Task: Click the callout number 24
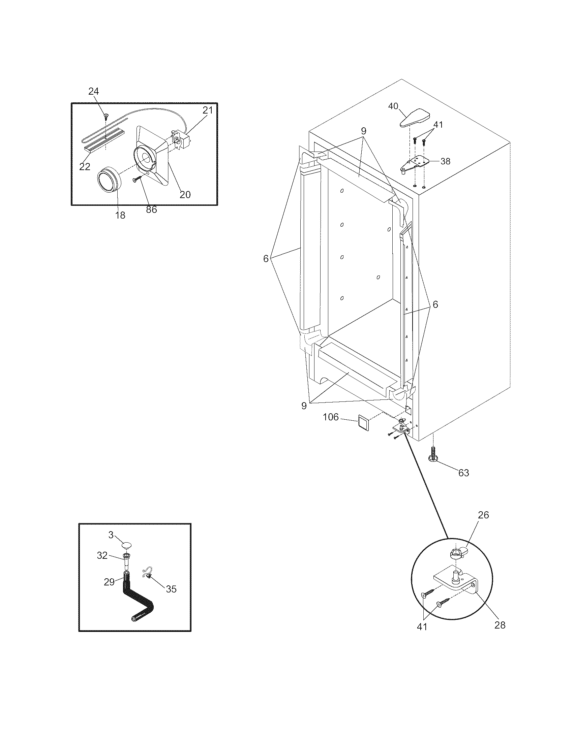click(x=94, y=91)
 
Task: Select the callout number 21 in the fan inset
click(x=207, y=110)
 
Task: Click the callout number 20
click(x=185, y=194)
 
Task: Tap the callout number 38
click(x=445, y=161)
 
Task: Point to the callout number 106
click(x=331, y=417)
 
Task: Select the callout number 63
click(x=463, y=473)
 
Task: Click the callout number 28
click(x=500, y=624)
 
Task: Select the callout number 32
click(x=102, y=555)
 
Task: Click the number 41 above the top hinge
click(x=438, y=125)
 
